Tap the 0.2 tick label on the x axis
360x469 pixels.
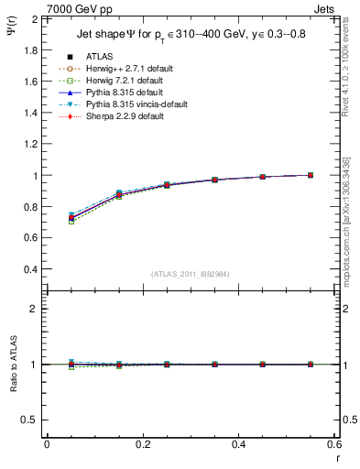(x=142, y=443)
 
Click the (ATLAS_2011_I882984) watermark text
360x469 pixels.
(x=191, y=274)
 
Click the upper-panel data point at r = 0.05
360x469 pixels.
(x=71, y=218)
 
